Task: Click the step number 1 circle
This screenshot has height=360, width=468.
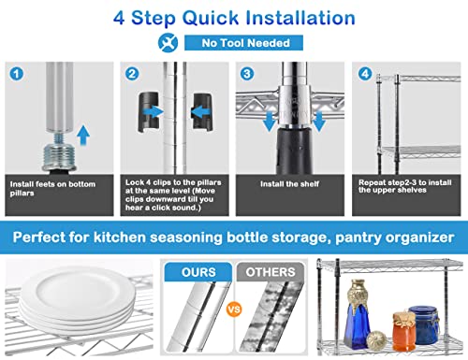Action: [17, 74]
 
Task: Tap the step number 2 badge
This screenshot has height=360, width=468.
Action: [132, 74]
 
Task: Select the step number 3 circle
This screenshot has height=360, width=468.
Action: [247, 74]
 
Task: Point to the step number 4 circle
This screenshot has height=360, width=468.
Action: [365, 74]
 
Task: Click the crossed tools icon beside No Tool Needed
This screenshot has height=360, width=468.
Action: [168, 43]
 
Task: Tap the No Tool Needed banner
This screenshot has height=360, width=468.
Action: [243, 43]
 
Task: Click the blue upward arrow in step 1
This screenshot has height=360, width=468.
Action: [83, 135]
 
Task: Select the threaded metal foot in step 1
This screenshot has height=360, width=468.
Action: [59, 152]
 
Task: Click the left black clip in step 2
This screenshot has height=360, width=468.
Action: [149, 111]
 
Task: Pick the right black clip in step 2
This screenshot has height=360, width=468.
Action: [203, 111]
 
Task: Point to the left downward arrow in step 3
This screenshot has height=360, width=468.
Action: [269, 121]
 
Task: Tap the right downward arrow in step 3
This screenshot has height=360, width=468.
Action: [319, 121]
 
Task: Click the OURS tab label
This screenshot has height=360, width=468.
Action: [198, 272]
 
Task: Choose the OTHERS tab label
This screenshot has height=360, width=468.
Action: [271, 272]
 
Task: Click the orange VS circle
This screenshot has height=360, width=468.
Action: [234, 310]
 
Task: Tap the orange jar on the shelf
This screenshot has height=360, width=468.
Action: [403, 331]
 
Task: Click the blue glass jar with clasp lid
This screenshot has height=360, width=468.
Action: [423, 324]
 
